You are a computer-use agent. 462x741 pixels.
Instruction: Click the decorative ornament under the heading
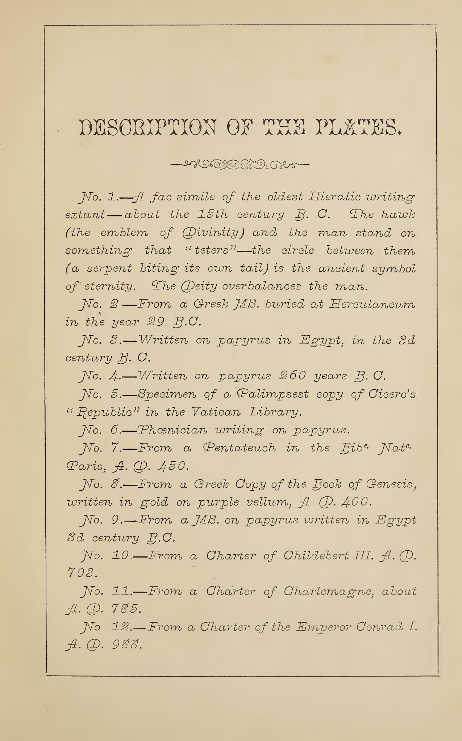[240, 165]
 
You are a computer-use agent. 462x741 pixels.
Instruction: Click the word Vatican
[217, 412]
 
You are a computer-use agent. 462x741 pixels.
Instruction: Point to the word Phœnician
[171, 430]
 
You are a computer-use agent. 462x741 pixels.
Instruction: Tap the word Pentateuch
[238, 448]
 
